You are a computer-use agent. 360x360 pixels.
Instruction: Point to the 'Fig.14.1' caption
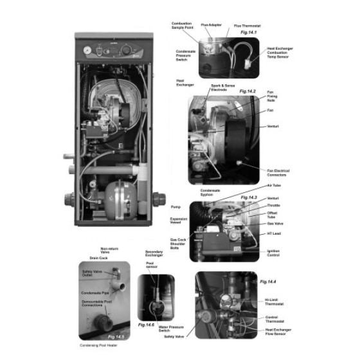(x=248, y=32)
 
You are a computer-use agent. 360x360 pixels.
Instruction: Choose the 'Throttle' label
(x=273, y=206)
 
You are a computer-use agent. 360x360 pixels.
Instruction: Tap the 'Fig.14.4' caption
(x=267, y=282)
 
